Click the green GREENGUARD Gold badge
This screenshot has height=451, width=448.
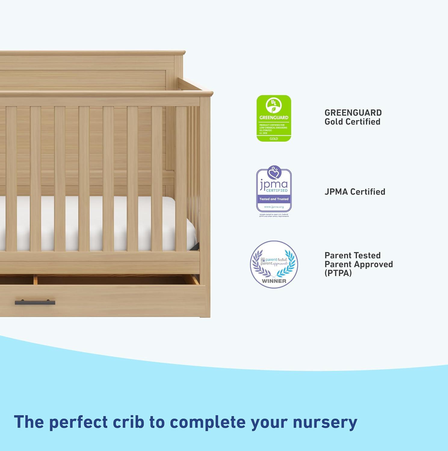[x=274, y=118]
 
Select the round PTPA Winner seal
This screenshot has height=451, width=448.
[x=274, y=264]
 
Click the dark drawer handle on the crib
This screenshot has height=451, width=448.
[x=35, y=302]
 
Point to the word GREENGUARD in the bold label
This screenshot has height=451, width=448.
[x=353, y=113]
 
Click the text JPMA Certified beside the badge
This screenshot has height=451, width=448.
[x=355, y=192]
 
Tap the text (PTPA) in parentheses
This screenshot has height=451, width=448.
[x=338, y=273]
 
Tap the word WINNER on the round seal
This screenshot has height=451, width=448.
[x=274, y=281]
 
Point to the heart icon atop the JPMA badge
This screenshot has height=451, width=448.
[x=274, y=172]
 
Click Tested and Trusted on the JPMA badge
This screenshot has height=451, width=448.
[x=274, y=199]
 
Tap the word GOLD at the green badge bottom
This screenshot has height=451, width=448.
[x=274, y=139]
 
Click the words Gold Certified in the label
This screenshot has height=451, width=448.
[x=352, y=122]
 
